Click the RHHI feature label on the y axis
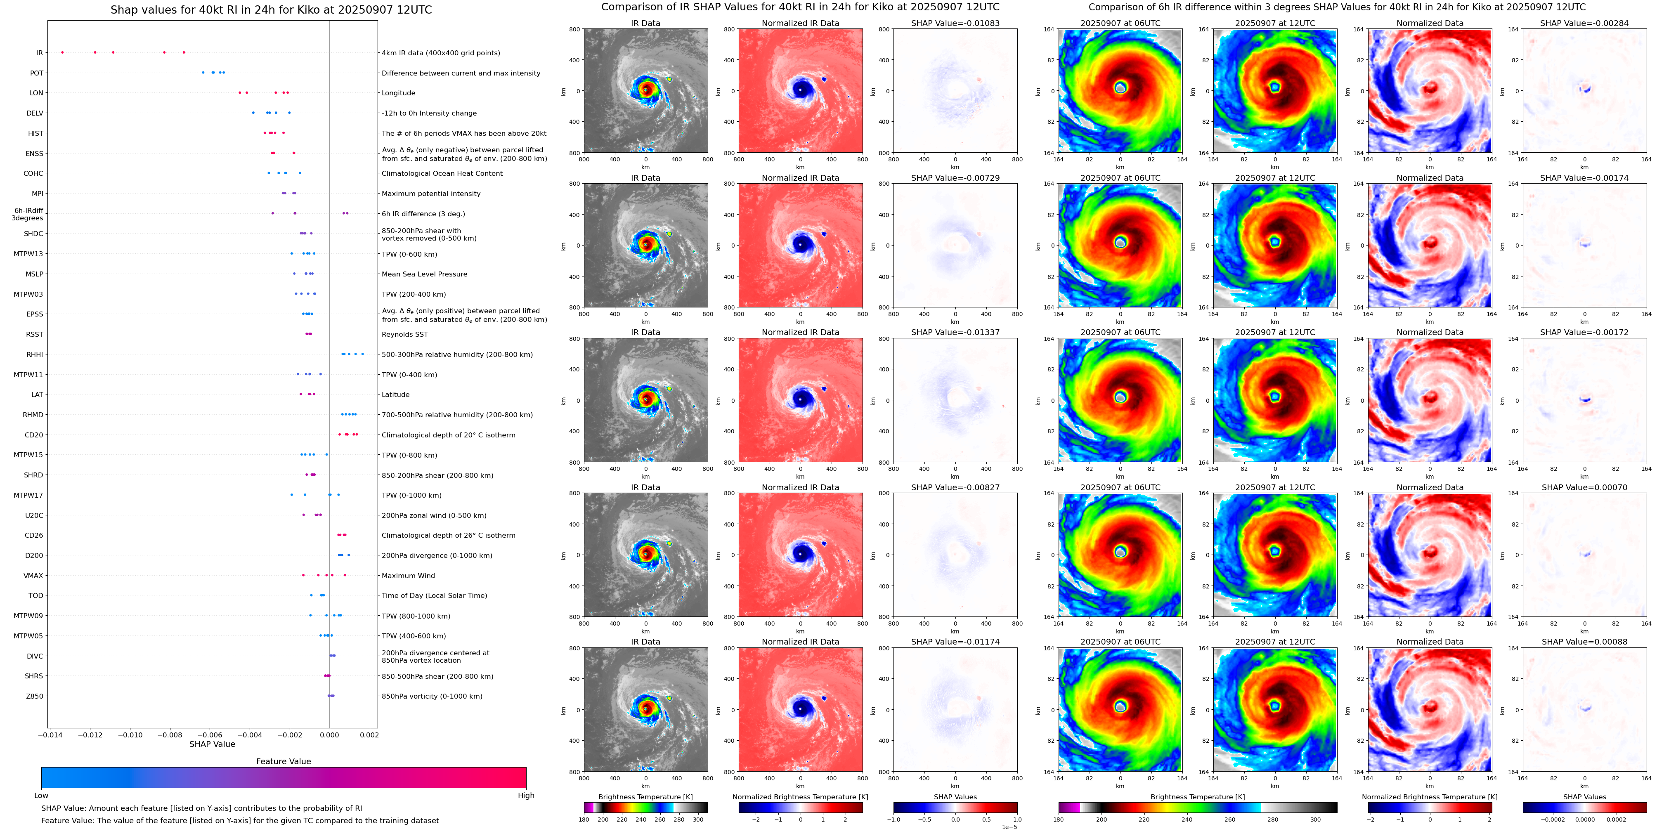coord(35,354)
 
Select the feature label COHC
coord(33,174)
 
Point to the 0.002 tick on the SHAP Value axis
coord(369,735)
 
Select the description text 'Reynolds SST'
coord(404,334)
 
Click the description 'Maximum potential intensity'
coord(431,194)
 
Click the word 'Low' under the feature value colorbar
coord(41,796)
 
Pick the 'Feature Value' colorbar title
coord(283,761)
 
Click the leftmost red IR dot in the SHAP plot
coord(62,52)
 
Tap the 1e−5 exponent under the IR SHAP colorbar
coord(1009,827)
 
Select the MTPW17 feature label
coord(28,495)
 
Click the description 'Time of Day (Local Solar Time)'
coord(434,595)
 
